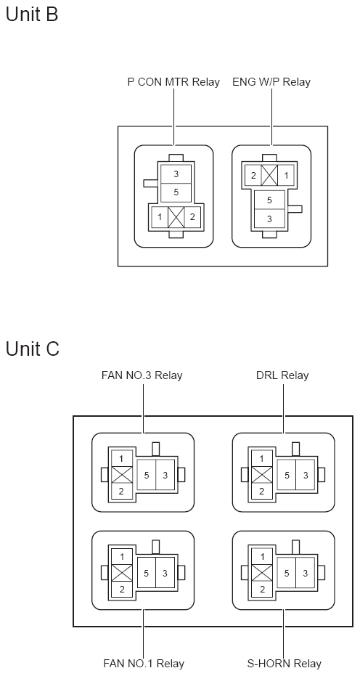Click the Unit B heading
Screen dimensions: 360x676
click(x=31, y=14)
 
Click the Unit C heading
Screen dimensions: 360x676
click(x=33, y=349)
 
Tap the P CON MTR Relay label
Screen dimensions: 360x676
click(x=173, y=82)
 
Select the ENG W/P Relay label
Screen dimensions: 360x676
click(x=271, y=82)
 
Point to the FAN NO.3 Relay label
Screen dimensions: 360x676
click(x=142, y=375)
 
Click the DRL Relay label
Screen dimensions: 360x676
click(x=282, y=375)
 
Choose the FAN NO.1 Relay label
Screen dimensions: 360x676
click(x=144, y=663)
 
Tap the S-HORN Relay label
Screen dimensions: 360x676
click(x=284, y=663)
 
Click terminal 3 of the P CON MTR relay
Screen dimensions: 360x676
click(x=176, y=174)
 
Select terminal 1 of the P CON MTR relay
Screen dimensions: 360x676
click(x=160, y=217)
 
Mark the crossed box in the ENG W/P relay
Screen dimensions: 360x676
click(x=269, y=176)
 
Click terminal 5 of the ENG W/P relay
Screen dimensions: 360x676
click(x=269, y=200)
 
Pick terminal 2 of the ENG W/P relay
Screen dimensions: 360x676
click(x=253, y=176)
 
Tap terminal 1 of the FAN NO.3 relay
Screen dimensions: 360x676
click(x=121, y=459)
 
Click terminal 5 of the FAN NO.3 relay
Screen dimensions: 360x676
click(x=147, y=475)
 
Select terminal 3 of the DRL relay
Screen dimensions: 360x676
click(x=306, y=475)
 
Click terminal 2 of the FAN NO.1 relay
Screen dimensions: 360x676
click(x=122, y=589)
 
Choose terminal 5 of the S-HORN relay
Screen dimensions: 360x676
click(x=287, y=573)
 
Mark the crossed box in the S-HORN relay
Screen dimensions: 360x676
click(x=262, y=573)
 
